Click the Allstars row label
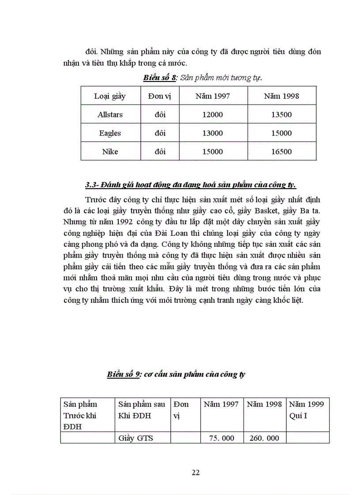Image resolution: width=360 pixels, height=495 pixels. pos(110,115)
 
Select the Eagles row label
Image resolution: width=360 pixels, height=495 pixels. pos(110,133)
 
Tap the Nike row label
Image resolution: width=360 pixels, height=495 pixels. pos(110,152)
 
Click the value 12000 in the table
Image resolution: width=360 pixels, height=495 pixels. pos(213,115)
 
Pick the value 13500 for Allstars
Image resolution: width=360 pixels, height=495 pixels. pos(281,115)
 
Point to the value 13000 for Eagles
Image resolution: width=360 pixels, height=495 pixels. pos(213,133)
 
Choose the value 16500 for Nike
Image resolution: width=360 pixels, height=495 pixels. pos(281,152)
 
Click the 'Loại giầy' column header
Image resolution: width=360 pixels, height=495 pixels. pos(110,96)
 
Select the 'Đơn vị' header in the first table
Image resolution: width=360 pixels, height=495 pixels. pos(160,96)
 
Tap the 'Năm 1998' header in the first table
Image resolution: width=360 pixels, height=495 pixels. pos(281,96)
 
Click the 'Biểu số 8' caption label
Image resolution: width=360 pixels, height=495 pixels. pos(160,78)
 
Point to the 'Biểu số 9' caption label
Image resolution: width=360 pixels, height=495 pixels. pos(124,375)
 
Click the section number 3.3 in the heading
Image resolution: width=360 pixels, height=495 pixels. pos(93,184)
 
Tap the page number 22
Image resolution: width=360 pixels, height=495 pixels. pos(196,473)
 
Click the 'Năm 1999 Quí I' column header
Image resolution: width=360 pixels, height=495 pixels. pos(307,410)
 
